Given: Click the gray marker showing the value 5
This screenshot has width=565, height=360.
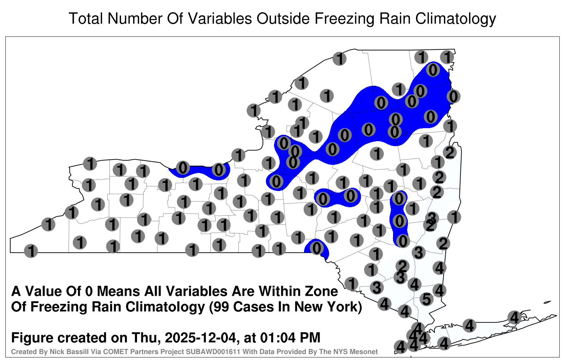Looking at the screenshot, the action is tap(427, 299).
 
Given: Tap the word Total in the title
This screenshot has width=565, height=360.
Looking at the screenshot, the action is tap(86, 18).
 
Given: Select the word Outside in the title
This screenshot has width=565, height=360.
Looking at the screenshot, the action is tap(283, 18).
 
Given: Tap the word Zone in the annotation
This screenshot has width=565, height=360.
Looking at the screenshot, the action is tap(322, 291).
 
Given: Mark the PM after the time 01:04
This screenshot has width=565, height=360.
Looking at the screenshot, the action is tap(309, 337).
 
